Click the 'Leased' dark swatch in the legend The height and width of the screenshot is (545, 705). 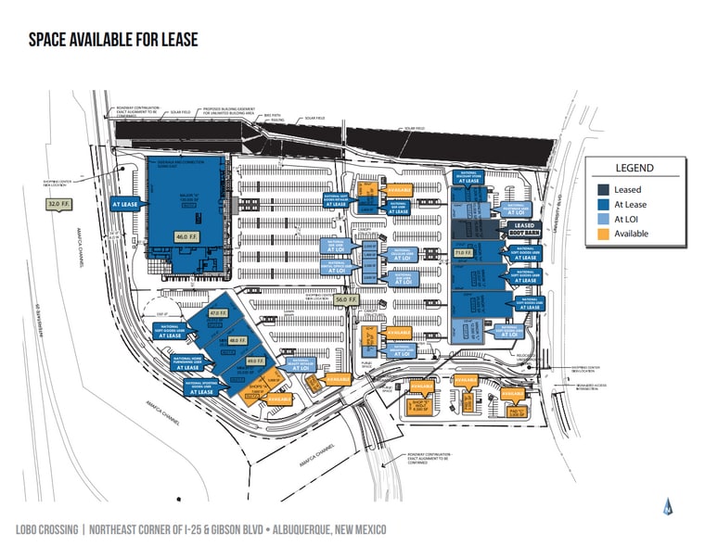point(598,188)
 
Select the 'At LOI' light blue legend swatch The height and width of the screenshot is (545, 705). point(598,219)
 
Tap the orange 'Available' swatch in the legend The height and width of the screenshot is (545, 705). point(598,234)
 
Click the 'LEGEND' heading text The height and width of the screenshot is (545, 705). point(634,169)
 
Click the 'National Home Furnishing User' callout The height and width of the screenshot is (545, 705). point(188,362)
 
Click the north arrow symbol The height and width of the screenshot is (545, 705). point(668,506)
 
